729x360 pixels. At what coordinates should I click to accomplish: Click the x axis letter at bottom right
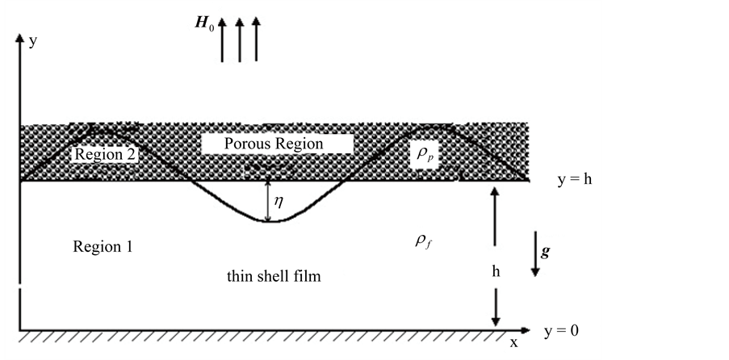(513, 342)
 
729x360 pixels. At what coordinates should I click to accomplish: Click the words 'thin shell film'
(274, 277)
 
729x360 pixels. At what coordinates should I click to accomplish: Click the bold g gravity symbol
(547, 252)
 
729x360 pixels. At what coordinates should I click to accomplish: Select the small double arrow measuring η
(267, 200)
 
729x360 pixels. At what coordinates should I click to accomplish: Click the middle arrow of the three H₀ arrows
(240, 40)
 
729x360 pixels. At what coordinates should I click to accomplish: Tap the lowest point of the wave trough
(273, 220)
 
